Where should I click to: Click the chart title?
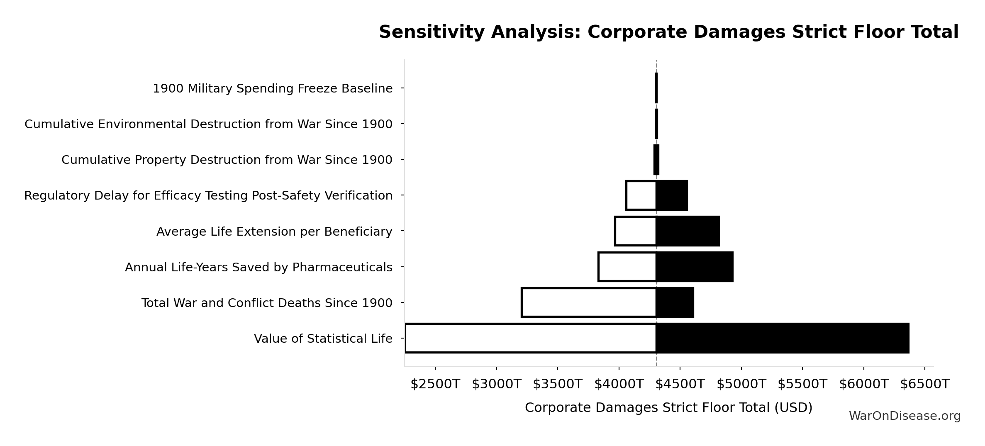click(x=668, y=32)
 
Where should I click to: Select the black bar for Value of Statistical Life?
click(x=783, y=338)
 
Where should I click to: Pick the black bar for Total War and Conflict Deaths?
click(x=675, y=302)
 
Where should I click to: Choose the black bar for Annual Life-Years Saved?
click(x=695, y=267)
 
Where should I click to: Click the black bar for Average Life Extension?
click(x=688, y=231)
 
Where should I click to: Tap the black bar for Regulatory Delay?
click(x=672, y=195)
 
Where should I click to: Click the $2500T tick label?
click(x=435, y=384)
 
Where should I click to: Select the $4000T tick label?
click(x=619, y=384)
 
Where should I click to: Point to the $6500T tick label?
click(x=925, y=384)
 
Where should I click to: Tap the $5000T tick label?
click(x=741, y=384)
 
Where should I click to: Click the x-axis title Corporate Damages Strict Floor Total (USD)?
click(x=668, y=408)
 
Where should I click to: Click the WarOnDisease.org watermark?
click(x=905, y=416)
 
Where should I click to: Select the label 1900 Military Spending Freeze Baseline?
click(x=273, y=89)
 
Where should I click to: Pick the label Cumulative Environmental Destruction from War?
click(x=208, y=124)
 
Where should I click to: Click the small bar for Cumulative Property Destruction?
click(x=656, y=160)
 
